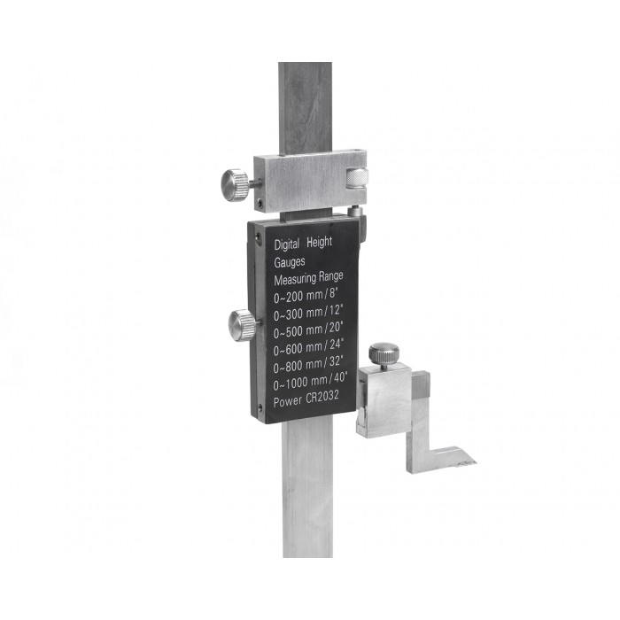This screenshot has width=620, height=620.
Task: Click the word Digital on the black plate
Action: (x=287, y=244)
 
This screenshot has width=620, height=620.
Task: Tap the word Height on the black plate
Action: (x=320, y=242)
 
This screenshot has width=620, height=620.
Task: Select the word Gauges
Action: (x=290, y=262)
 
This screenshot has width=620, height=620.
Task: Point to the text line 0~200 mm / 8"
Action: (x=306, y=295)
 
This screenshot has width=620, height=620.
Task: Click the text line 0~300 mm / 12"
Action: (x=307, y=314)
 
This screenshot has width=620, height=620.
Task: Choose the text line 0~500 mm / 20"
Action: (x=308, y=331)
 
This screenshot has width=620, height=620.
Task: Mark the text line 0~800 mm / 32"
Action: (x=308, y=366)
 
